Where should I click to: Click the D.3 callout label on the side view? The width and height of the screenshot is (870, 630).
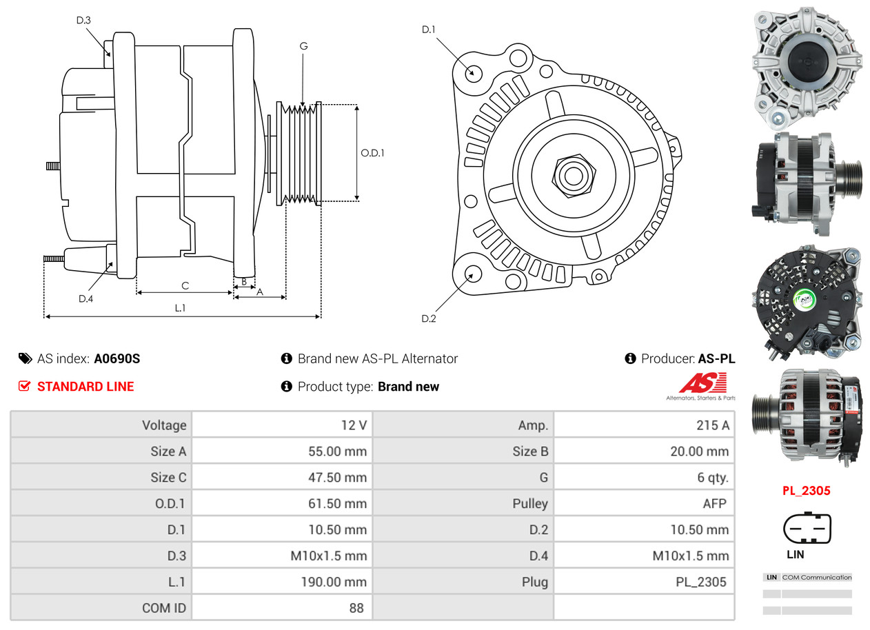(83, 20)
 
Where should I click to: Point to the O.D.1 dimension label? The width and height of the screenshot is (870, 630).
(372, 152)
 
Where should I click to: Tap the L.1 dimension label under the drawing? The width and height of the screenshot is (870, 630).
(180, 307)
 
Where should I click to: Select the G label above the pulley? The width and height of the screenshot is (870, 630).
(303, 46)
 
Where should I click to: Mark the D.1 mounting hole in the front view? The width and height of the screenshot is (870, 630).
(473, 72)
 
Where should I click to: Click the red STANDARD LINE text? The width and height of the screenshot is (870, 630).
(85, 387)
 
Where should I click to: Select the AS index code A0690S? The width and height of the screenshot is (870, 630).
(117, 358)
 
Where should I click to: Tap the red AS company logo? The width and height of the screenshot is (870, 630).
(702, 383)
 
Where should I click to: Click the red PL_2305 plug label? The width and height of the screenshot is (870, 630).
(806, 491)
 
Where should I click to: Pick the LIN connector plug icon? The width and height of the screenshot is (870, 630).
(807, 529)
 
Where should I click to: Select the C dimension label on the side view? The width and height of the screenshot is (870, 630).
(185, 286)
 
